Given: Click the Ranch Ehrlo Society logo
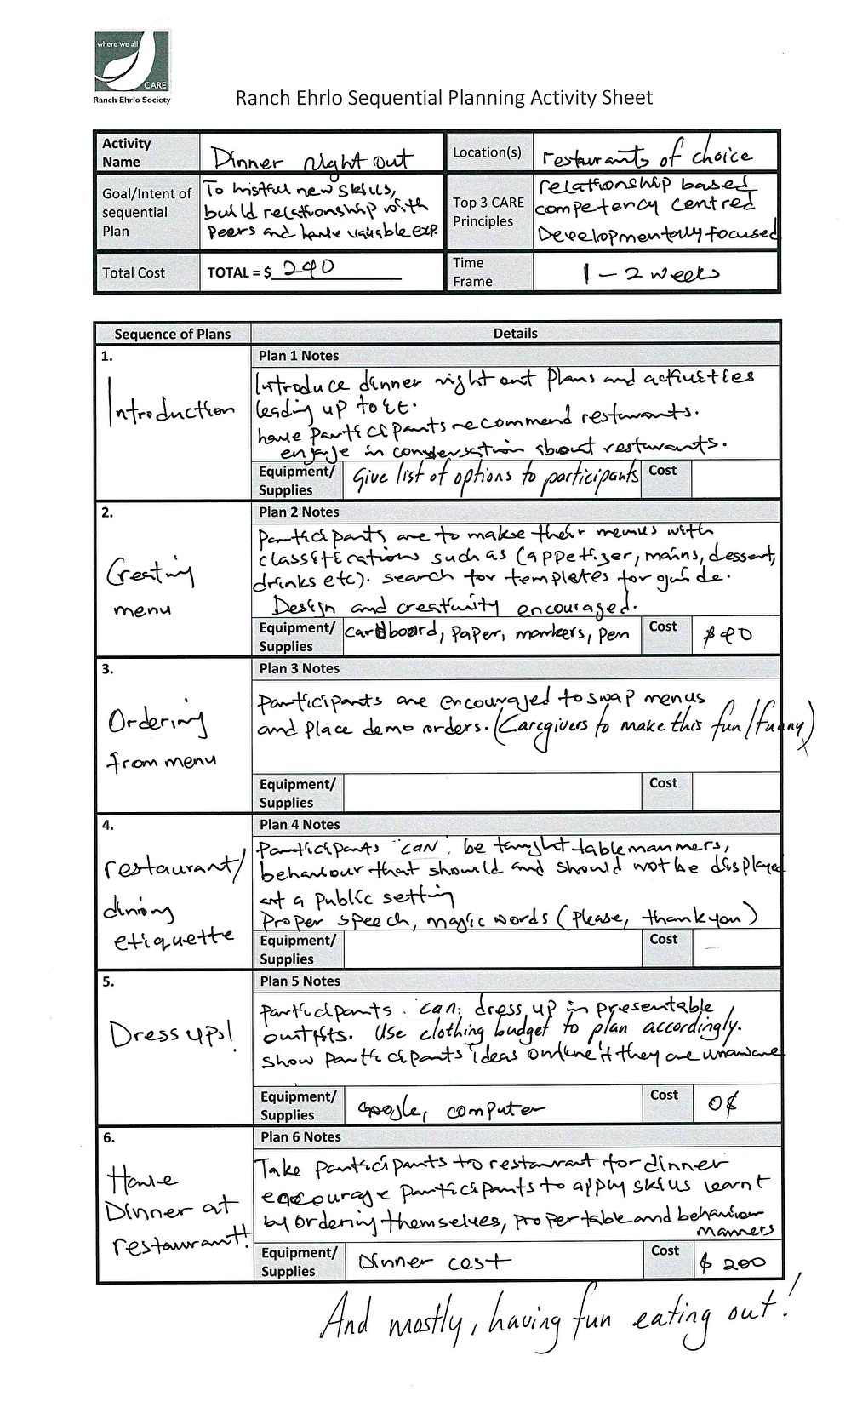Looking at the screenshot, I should click(x=132, y=67).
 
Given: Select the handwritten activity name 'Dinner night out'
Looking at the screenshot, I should click(x=311, y=159).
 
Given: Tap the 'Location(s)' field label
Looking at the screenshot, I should click(x=487, y=152).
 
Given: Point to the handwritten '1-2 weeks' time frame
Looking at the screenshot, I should click(x=650, y=273).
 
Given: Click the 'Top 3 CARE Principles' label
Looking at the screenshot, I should click(x=488, y=212).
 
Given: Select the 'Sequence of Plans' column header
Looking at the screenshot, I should click(x=172, y=334).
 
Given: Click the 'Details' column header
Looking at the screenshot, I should click(x=515, y=334).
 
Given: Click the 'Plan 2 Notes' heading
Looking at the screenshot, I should click(x=299, y=512).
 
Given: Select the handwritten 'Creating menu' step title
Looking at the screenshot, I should click(x=150, y=587).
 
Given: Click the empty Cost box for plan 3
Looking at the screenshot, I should click(x=736, y=793).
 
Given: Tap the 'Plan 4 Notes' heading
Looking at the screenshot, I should click(x=299, y=825).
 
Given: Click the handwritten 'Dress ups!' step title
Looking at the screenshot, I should click(x=171, y=1033).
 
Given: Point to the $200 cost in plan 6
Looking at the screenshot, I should click(x=733, y=1263).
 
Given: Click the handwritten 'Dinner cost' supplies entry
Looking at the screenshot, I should click(x=434, y=1262).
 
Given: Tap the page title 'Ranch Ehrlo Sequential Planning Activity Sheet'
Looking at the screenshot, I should click(x=443, y=98).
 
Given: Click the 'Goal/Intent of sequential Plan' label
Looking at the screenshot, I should click(x=146, y=212).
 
